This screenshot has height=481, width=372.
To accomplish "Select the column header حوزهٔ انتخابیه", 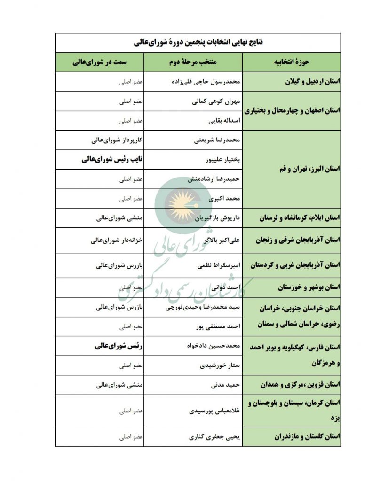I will pyautogui.click(x=292, y=62).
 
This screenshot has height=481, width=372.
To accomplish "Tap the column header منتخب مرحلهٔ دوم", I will pyautogui.click(x=193, y=62).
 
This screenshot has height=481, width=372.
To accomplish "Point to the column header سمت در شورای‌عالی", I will pyautogui.click(x=99, y=62).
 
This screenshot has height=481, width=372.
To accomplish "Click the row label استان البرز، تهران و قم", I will pyautogui.click(x=300, y=169).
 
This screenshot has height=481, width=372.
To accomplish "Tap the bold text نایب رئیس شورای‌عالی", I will pyautogui.click(x=112, y=159).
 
